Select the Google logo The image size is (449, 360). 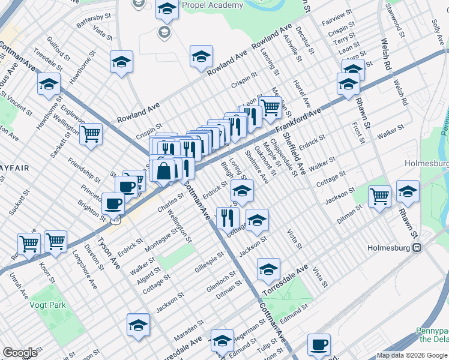20,353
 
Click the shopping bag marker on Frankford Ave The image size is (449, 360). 163,172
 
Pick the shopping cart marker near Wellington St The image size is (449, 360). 91,134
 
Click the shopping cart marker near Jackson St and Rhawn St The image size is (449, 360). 379,196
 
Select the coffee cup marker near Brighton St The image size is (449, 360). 112,204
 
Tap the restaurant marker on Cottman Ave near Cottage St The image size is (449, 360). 228,218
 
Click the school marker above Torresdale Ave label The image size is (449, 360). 268,269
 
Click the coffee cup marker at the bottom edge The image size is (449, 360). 319,345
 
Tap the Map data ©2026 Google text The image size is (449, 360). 412,355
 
